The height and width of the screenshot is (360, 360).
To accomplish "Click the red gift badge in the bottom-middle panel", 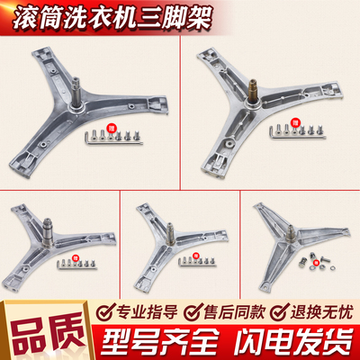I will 195,258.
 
